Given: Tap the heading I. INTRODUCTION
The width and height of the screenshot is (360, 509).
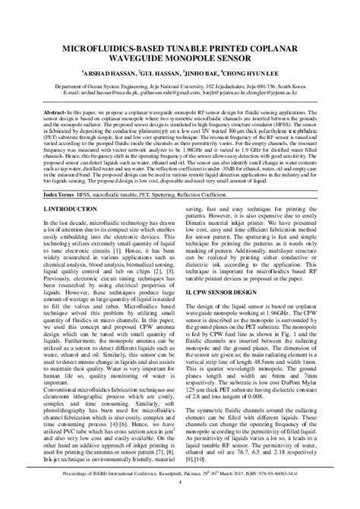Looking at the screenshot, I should click(x=65, y=207).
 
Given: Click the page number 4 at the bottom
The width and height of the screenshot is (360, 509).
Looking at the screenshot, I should click(x=180, y=501).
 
